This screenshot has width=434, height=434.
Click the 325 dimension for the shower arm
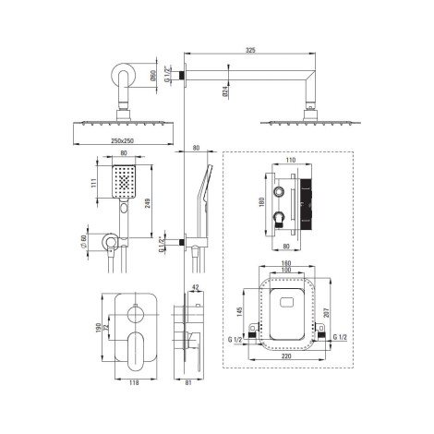coord(250,50)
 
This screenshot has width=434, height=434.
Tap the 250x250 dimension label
coord(122,141)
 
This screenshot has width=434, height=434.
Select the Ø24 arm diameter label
coord(225,92)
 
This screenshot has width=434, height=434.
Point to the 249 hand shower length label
coord(147,204)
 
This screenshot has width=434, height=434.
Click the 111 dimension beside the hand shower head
coord(94,183)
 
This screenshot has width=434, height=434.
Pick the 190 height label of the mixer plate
coord(98,328)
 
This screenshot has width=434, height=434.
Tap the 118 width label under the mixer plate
coord(134,382)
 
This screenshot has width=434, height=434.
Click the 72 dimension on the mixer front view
coord(106,328)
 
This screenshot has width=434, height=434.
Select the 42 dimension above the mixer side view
coord(196,287)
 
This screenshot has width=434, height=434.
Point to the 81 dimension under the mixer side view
coord(188,382)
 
